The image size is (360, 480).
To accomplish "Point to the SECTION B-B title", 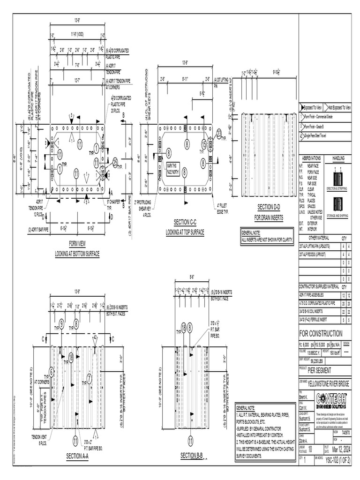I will pos(191,455).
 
